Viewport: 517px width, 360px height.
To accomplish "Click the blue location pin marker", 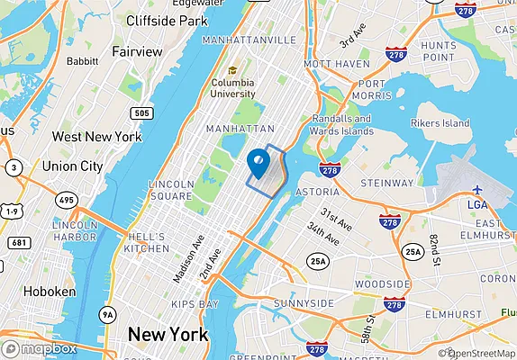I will (x=258, y=163).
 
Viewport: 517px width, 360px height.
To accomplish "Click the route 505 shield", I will (x=141, y=112).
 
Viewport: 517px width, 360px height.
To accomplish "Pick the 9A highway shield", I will (x=108, y=314).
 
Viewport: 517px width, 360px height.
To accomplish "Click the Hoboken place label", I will (x=32, y=292).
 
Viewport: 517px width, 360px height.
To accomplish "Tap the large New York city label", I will (x=168, y=335).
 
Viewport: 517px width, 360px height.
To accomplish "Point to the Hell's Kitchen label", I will (x=146, y=242).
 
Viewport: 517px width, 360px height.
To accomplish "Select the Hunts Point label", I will (x=439, y=51).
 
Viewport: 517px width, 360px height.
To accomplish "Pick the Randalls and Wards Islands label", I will (x=341, y=125).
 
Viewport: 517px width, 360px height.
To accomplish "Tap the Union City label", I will (x=72, y=166).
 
